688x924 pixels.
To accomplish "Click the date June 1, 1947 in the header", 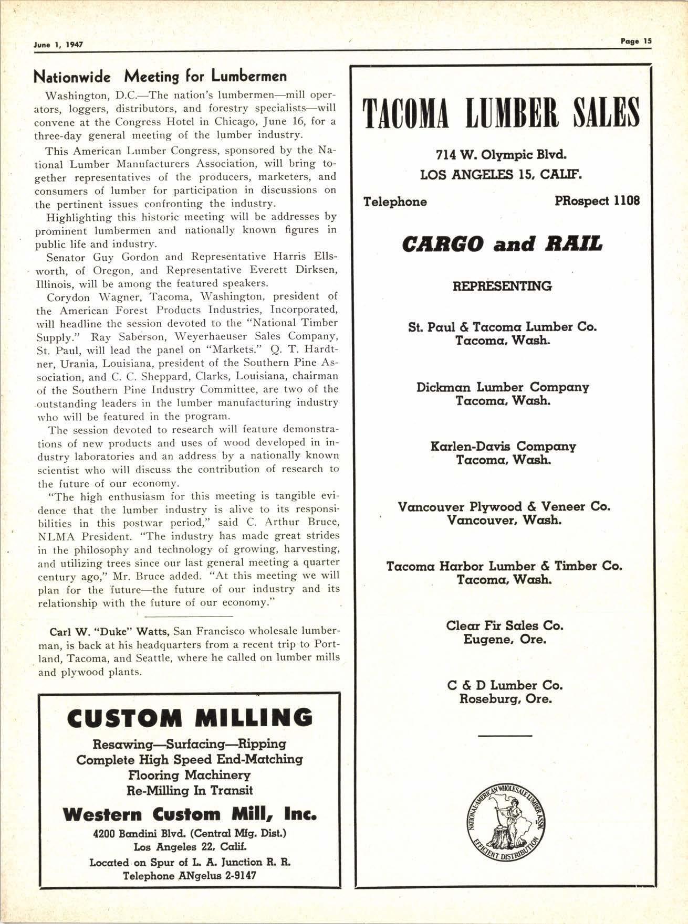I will pos(58,45).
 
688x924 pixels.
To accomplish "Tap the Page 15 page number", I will pos(635,41).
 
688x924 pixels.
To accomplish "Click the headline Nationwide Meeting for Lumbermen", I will pos(160,77).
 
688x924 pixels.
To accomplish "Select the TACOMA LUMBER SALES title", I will pos(503,112).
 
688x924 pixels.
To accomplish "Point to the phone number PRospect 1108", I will pos(597,201).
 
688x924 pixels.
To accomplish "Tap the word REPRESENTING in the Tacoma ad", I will pos(502,286).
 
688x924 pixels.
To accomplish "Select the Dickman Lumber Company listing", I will pos(503,387).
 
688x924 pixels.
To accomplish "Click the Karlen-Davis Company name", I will pos(503,447).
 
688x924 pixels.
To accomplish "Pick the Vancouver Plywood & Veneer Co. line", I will pos(504,507).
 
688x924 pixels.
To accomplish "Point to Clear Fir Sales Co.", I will pos(504,626).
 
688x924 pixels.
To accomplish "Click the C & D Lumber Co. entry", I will pos(505,685).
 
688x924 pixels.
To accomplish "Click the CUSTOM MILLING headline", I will pos(190,718).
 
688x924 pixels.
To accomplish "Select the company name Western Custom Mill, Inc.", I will pos(190,815).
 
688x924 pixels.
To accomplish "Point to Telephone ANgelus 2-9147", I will pos(190,876).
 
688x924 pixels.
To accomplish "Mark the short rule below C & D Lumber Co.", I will pos(505,736).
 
